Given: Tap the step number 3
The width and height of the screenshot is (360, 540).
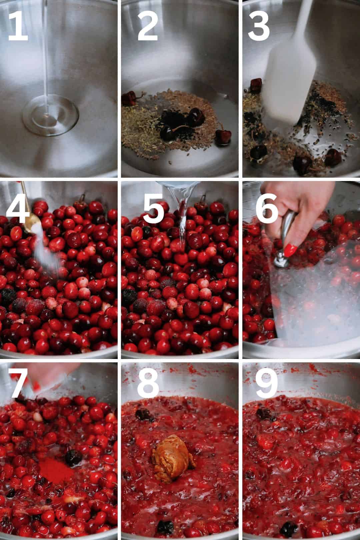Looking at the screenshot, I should point(258,26).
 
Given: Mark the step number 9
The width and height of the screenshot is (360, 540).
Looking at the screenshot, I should point(267,383).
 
